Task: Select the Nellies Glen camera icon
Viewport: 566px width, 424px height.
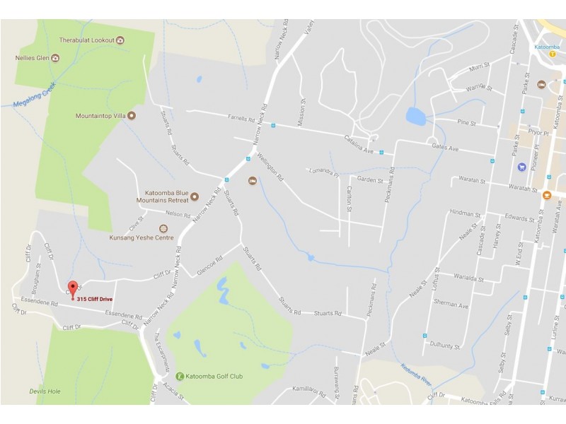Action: point(54,57)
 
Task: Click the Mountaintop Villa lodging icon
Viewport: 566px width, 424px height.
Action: point(131,114)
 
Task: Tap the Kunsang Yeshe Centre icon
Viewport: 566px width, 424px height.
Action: point(164,228)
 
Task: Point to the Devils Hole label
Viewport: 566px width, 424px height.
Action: point(45,391)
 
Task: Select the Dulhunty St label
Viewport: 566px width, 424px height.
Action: point(445,346)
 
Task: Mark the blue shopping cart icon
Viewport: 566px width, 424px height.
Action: point(521,167)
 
